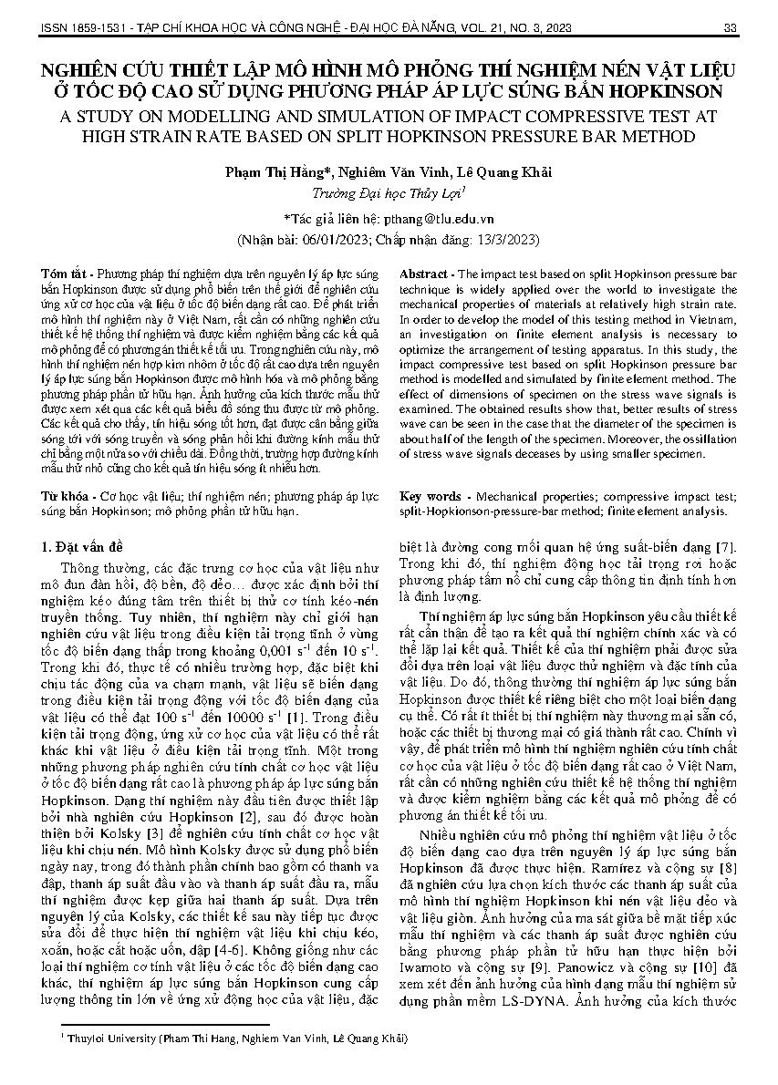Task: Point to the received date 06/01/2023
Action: [x=322, y=241]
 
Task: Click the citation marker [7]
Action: [x=725, y=547]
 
